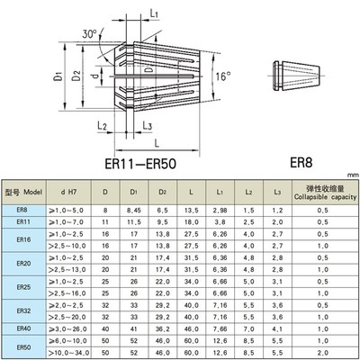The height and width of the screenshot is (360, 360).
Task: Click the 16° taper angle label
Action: pyautogui.click(x=226, y=77)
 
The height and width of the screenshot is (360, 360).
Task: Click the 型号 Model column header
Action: pyautogui.click(x=24, y=193)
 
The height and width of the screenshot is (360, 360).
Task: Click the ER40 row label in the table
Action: pyautogui.click(x=23, y=329)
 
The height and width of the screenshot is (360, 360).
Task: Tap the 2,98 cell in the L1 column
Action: pyautogui.click(x=218, y=209)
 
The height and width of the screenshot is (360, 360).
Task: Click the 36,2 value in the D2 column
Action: pyautogui.click(x=164, y=329)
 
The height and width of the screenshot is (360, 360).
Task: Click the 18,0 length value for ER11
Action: pyautogui.click(x=191, y=220)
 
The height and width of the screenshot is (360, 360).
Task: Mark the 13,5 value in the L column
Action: pyautogui.click(x=191, y=209)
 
